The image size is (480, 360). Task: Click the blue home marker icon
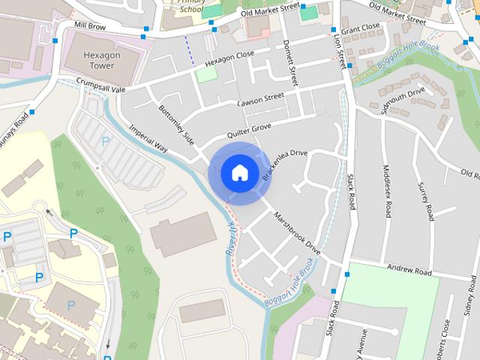click(239, 172)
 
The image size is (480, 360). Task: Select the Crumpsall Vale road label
click(100, 86)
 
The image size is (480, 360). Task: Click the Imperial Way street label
click(148, 140)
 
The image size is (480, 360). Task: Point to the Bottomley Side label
click(176, 124)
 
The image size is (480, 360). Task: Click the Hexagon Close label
click(229, 57)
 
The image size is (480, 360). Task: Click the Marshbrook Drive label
click(297, 233)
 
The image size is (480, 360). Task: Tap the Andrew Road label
click(409, 269)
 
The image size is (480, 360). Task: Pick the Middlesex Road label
click(387, 191)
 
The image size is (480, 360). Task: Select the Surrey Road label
click(426, 200)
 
